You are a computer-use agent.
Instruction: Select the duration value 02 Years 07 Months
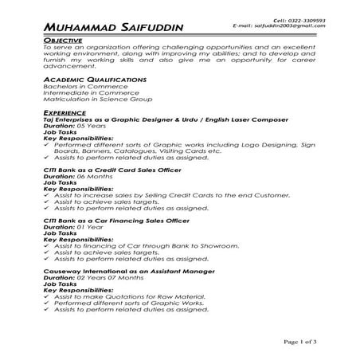(105, 278)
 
